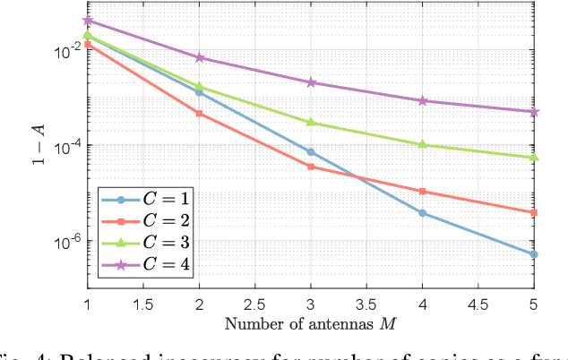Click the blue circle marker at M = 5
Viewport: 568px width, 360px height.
[x=535, y=254]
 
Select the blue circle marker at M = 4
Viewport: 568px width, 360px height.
[x=423, y=213]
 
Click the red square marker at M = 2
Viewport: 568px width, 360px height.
[x=199, y=114]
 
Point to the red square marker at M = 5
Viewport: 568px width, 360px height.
[x=535, y=212]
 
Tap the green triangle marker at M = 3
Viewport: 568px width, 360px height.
[x=311, y=122]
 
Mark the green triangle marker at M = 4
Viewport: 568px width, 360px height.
[x=423, y=144]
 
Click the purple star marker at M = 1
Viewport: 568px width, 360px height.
[x=87, y=20]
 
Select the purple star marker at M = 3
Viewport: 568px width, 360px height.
[x=311, y=82]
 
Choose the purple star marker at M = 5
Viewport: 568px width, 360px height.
[x=535, y=112]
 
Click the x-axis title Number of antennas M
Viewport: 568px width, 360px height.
[x=311, y=322]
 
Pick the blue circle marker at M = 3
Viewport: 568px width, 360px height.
[x=311, y=152]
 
